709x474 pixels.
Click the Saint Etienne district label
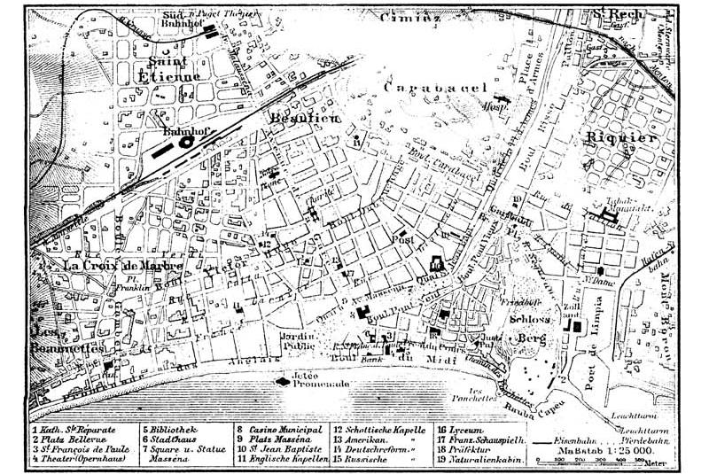(175, 67)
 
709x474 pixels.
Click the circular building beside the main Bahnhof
(188, 142)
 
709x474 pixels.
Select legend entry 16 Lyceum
(460, 428)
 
